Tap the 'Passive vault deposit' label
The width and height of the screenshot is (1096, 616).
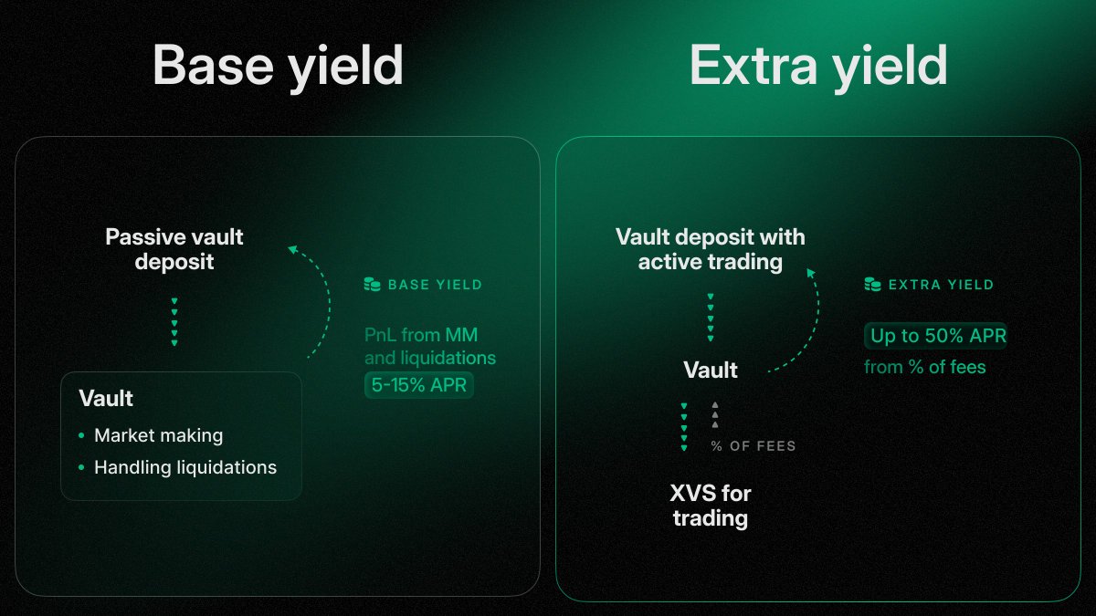click(x=174, y=249)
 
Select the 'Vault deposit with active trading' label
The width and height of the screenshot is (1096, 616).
click(x=711, y=249)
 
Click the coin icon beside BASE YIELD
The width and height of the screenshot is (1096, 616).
click(x=372, y=285)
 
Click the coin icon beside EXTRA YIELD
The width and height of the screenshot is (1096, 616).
click(x=872, y=285)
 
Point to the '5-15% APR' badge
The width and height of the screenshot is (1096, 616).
click(x=419, y=385)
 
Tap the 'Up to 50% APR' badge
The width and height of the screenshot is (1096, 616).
click(x=935, y=336)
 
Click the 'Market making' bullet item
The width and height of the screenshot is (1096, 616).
click(x=158, y=435)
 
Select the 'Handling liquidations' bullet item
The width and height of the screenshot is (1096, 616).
click(x=184, y=467)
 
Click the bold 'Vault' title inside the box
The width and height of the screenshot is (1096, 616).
click(x=106, y=399)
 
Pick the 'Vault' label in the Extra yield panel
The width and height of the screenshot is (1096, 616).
click(x=711, y=370)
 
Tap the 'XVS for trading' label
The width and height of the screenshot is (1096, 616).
click(x=711, y=506)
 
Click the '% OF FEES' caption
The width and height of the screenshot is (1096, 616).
click(x=753, y=446)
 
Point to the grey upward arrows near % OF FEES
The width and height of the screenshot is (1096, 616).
click(x=715, y=414)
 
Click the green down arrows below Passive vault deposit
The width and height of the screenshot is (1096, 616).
click(x=174, y=321)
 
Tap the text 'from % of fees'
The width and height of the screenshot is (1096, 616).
click(x=925, y=368)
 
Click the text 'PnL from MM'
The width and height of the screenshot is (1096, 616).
click(x=421, y=336)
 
